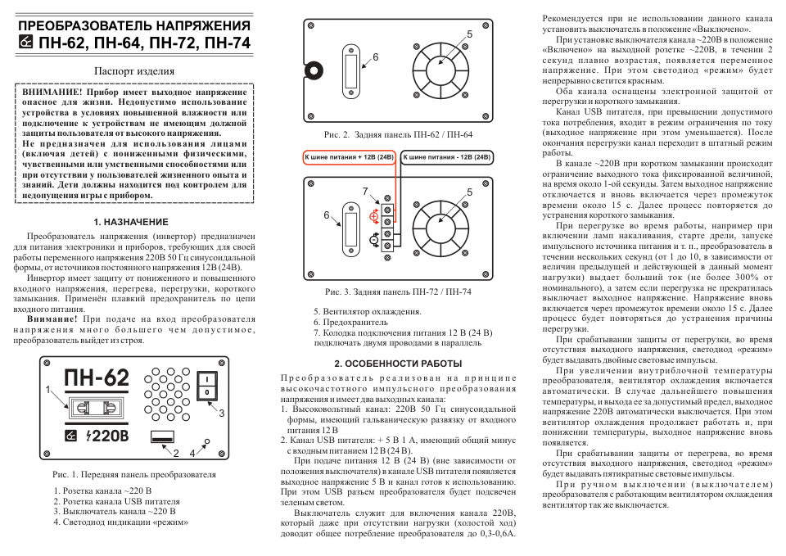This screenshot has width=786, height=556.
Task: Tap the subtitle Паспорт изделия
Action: (x=133, y=71)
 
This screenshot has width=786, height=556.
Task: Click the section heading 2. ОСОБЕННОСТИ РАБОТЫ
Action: (x=399, y=363)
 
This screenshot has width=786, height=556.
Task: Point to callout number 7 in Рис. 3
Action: (x=365, y=191)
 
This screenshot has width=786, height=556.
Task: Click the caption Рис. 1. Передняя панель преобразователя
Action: (x=134, y=474)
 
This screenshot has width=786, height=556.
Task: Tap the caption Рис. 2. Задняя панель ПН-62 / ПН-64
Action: (x=398, y=133)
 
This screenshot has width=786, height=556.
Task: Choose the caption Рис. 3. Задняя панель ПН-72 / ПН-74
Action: (x=398, y=292)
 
